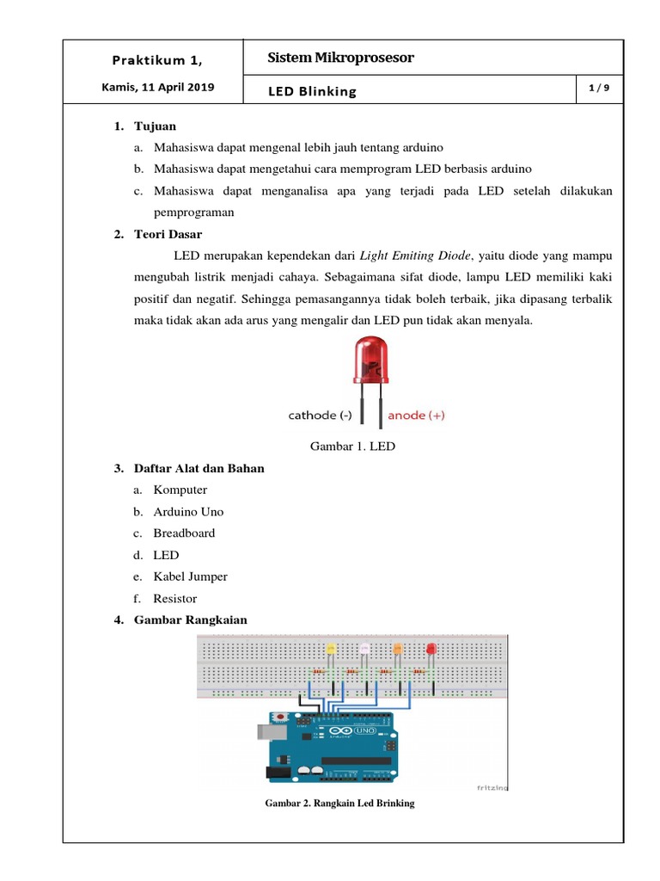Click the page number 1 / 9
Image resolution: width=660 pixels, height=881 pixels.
(x=598, y=88)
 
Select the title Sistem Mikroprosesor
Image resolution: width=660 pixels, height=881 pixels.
(x=340, y=58)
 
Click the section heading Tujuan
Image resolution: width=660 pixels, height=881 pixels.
(x=155, y=126)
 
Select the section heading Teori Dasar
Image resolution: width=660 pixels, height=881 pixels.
(x=168, y=234)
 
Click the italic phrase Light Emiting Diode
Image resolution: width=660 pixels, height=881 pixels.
(x=416, y=256)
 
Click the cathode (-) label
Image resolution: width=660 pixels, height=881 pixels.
(x=320, y=416)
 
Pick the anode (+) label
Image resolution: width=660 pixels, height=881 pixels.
(x=417, y=416)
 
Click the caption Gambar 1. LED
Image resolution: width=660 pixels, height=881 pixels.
(x=352, y=447)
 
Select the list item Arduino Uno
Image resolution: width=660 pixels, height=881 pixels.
(x=188, y=511)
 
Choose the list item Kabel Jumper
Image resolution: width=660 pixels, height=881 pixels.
(x=190, y=576)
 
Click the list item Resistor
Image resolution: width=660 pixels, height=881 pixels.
(x=175, y=598)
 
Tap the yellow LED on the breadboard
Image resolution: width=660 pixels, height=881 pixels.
(x=332, y=649)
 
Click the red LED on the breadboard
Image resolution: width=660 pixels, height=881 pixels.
(x=431, y=649)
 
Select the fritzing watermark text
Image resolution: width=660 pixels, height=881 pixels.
(x=492, y=786)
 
